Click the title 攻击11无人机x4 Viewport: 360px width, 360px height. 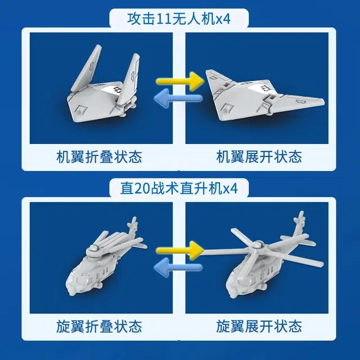coord(179,19)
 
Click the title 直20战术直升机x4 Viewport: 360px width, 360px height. coord(179,189)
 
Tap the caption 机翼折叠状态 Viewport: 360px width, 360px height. coord(99,157)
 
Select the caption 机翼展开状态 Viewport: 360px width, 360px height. coord(259,157)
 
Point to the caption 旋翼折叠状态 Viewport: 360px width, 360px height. coord(99,326)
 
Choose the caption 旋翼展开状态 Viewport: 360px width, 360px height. coord(259,326)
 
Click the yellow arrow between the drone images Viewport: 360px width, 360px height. coord(180,81)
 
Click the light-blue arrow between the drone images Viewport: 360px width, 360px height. coord(178,98)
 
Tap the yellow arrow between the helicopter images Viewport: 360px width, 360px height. coord(180,250)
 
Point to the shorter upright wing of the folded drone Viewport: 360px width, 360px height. coord(129,78)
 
